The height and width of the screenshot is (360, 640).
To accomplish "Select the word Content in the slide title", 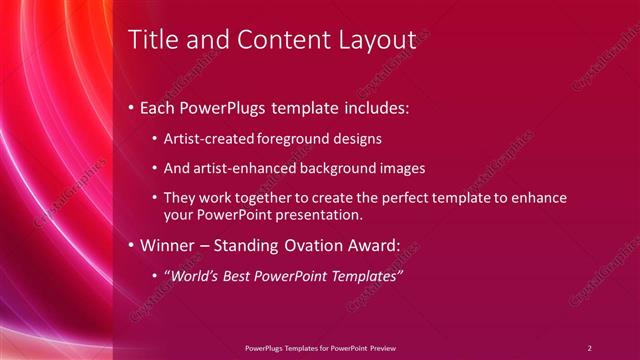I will point(281,40).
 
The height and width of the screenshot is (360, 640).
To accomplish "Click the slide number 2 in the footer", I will point(589,348).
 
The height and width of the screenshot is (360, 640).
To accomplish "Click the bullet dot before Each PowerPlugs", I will point(130,107).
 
